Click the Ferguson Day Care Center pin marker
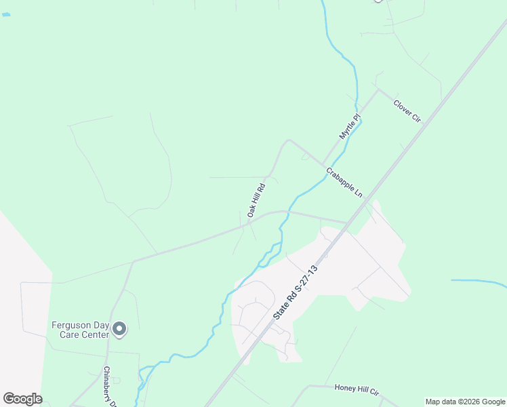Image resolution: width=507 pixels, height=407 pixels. [x=119, y=329]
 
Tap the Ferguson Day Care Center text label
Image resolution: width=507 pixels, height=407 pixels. [x=80, y=330]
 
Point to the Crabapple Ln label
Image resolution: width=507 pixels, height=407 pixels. [x=344, y=182]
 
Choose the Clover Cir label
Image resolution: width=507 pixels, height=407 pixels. [x=407, y=111]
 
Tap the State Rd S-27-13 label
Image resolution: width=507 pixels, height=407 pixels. [x=295, y=293]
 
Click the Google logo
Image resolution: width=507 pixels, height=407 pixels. [x=22, y=399]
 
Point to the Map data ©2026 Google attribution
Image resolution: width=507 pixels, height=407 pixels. [x=466, y=402]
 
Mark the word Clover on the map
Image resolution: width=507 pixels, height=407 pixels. [x=403, y=107]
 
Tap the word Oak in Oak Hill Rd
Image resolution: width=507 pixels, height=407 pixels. [x=250, y=212]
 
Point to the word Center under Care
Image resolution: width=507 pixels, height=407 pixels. [x=96, y=334]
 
